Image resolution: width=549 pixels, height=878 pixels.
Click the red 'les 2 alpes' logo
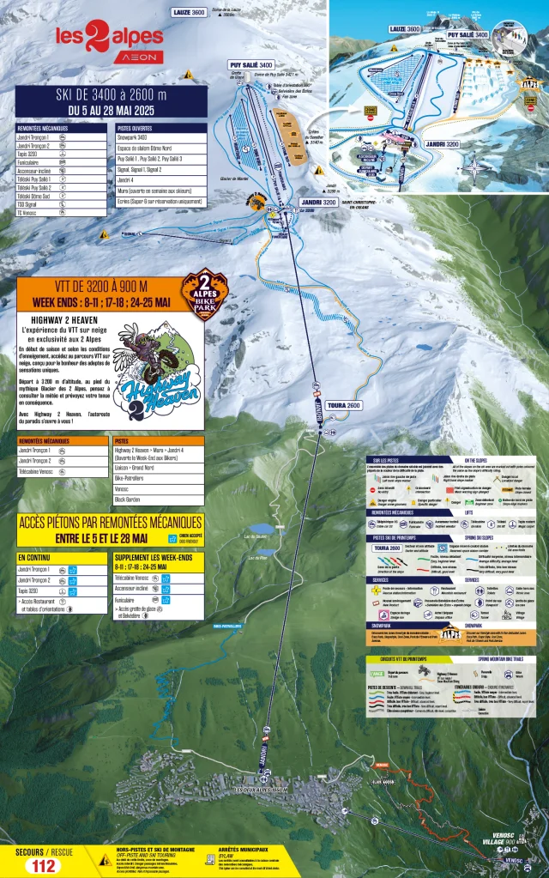(x=109, y=39)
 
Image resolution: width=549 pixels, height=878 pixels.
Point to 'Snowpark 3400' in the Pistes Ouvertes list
(x=137, y=137)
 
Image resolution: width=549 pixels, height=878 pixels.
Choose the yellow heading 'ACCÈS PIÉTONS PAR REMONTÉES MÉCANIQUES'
(x=110, y=522)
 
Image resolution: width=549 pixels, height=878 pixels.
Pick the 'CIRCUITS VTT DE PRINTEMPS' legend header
(x=403, y=659)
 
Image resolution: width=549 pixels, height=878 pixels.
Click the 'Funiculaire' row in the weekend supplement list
(x=129, y=601)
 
